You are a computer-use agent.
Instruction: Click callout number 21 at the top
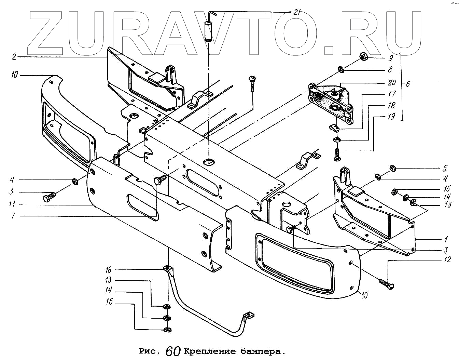tap(297, 12)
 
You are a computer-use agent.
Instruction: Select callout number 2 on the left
tap(14, 56)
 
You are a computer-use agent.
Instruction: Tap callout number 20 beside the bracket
tap(392, 82)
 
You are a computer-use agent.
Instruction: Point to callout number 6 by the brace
tap(407, 84)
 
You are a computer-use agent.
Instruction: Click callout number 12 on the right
tap(448, 260)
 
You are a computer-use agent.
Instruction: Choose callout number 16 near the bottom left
tap(108, 270)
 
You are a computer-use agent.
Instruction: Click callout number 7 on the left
tap(13, 216)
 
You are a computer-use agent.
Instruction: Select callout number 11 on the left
tap(12, 204)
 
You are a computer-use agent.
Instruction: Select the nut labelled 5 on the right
tap(392, 168)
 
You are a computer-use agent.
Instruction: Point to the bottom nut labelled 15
tap(167, 330)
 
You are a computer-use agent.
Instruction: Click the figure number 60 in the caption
tap(173, 351)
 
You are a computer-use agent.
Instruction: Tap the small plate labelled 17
tap(334, 128)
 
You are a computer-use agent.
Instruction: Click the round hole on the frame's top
tap(209, 161)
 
